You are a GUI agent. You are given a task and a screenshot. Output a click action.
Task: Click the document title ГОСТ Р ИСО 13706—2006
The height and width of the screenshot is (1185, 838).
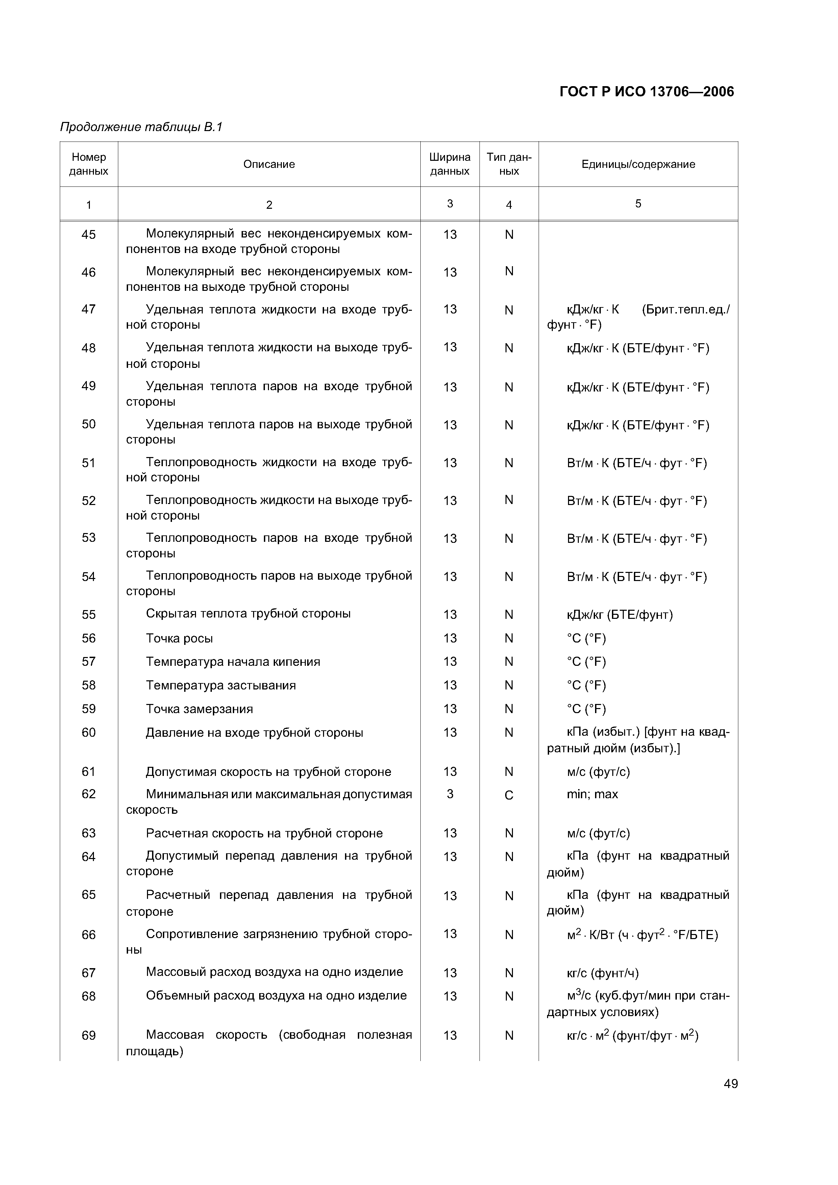click(646, 92)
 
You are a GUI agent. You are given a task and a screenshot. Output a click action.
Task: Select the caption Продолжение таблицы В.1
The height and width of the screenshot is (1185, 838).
click(141, 127)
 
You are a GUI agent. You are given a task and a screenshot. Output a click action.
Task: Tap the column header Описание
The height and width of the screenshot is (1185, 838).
click(269, 164)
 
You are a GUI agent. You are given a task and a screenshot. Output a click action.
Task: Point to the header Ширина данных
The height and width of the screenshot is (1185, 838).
click(450, 164)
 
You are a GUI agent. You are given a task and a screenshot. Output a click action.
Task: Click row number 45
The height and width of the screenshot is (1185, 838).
click(89, 235)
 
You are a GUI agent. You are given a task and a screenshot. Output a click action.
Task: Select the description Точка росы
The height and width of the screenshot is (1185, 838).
click(179, 638)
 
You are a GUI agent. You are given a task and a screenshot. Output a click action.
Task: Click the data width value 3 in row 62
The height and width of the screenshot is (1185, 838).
click(450, 794)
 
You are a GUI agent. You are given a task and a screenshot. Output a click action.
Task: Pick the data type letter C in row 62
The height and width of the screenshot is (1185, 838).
click(509, 795)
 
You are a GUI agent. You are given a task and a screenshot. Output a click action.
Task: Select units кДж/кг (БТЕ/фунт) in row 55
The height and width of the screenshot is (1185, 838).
click(620, 615)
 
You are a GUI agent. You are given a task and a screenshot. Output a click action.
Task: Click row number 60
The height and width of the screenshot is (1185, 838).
click(89, 732)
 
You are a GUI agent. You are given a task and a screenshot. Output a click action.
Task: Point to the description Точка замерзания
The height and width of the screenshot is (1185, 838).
click(199, 709)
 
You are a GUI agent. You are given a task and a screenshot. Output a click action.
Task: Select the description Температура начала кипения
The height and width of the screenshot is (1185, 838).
click(233, 662)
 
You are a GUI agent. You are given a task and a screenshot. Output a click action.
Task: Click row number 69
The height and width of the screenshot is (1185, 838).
click(89, 1035)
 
